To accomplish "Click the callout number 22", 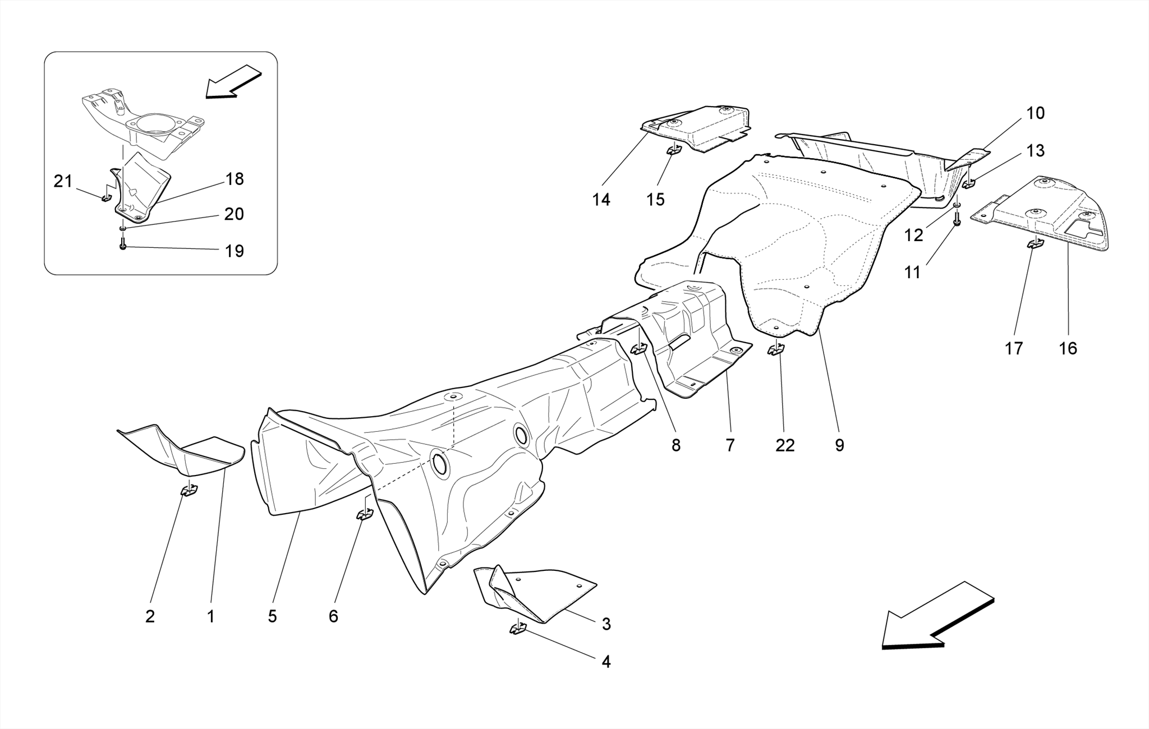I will click(785, 445).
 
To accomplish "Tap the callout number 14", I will click(601, 200).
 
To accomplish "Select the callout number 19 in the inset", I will click(235, 251).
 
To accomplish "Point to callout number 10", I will click(1035, 113).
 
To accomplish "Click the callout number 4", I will click(606, 662).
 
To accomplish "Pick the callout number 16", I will click(1068, 349).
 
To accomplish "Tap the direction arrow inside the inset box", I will click(233, 81).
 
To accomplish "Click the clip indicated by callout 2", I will click(189, 490).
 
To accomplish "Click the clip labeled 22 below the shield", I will click(776, 349).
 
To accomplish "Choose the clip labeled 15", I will click(673, 150).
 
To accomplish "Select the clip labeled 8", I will click(638, 349).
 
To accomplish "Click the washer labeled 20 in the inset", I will click(122, 229).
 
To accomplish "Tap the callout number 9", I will click(839, 445).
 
